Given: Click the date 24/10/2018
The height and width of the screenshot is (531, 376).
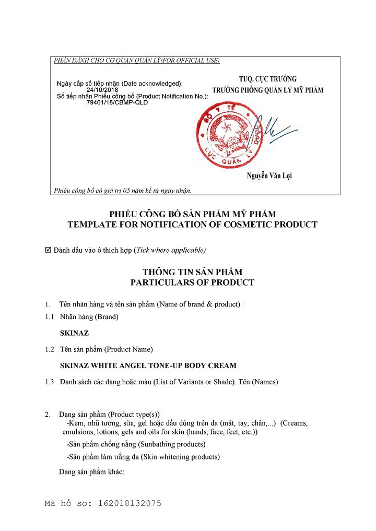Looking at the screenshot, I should point(102,90).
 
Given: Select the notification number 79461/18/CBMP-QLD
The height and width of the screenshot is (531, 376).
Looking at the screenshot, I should point(117,102).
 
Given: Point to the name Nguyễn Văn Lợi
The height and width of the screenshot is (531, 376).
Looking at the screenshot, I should point(269,175).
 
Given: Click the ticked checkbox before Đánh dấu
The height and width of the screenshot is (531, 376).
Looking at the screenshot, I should point(49,250).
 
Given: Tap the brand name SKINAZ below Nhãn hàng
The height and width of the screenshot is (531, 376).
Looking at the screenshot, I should point(75,333).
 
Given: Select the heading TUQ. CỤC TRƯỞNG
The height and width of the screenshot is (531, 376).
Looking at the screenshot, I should point(268,79).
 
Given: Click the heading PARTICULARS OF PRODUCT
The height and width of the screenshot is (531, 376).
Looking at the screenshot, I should point(192,282).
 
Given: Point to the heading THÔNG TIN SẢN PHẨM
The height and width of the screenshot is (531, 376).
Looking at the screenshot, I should point(192,272).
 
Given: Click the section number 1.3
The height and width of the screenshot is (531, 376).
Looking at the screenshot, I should point(50,382).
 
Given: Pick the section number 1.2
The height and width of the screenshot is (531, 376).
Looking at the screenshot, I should point(50,349).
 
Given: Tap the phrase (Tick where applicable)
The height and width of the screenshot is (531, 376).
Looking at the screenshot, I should point(170,250).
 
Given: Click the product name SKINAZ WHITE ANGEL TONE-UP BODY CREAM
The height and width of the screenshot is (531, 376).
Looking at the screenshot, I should point(148,365).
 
